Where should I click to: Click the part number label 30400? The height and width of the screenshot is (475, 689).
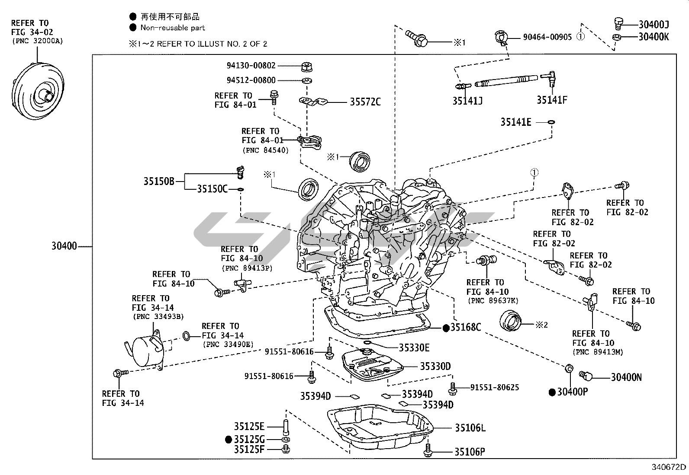[x=64, y=247]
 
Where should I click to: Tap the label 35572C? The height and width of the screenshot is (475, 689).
[x=365, y=102]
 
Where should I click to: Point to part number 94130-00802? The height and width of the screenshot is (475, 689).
[x=251, y=66]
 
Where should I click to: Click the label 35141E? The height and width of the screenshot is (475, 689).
[x=516, y=122]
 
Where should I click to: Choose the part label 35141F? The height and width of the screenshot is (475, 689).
[x=552, y=100]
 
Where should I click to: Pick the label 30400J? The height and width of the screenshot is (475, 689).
[x=654, y=25]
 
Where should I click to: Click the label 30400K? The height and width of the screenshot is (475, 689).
[x=654, y=37]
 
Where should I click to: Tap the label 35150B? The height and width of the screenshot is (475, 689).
[x=159, y=181]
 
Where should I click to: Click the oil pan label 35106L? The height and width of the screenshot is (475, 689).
[x=470, y=428]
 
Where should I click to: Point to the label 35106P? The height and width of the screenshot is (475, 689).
[x=470, y=452]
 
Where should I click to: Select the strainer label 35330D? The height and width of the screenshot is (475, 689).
[x=435, y=367]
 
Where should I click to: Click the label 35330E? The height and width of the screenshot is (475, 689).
[x=414, y=347]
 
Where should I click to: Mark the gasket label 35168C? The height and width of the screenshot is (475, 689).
[x=466, y=328]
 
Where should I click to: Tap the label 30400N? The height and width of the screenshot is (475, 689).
[x=626, y=377]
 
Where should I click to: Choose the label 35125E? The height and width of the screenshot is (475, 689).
[x=249, y=427]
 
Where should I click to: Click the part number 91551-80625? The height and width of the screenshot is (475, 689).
[x=495, y=388]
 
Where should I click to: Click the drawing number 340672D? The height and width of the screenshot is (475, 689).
[x=669, y=467]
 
